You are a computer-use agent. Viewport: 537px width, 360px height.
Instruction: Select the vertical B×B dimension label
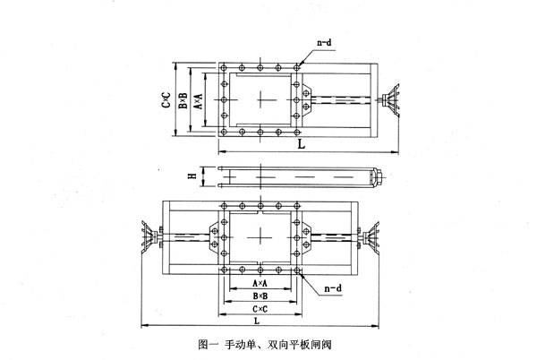(x=183, y=100)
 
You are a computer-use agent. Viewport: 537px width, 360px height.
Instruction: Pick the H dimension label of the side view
(x=191, y=176)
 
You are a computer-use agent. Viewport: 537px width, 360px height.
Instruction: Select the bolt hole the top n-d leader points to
(x=296, y=68)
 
